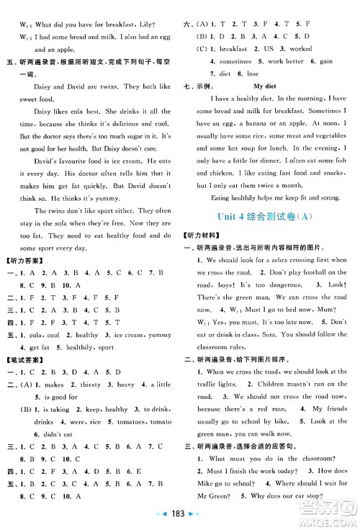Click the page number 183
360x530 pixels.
point(180,518)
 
